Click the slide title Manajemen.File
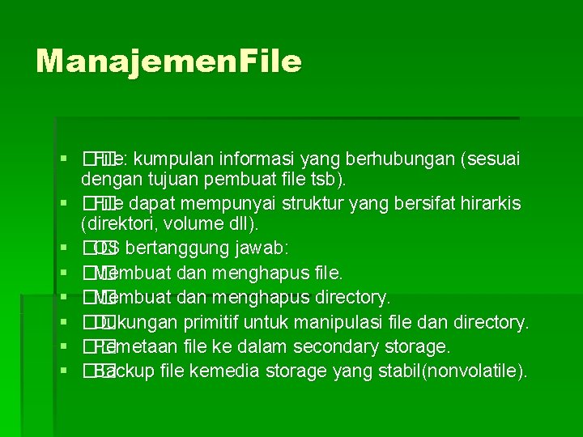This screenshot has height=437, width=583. click(x=168, y=61)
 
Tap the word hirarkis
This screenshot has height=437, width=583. click(x=490, y=202)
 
